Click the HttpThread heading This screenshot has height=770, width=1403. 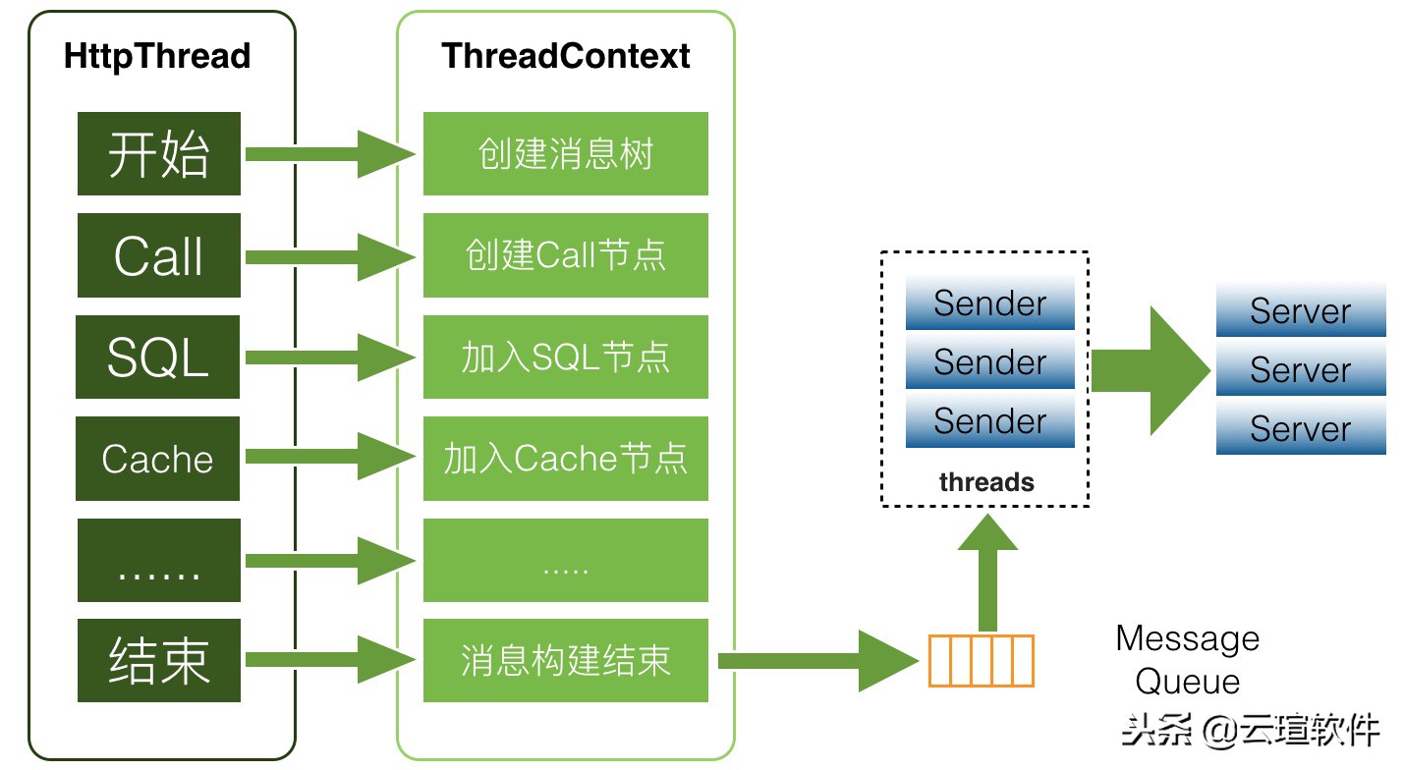[157, 56]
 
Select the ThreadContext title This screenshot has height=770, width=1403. [566, 56]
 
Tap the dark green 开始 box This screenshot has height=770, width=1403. [159, 154]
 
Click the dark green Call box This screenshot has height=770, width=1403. [159, 255]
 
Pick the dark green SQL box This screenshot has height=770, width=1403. [158, 357]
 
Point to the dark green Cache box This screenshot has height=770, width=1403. [158, 459]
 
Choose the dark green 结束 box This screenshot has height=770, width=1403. [159, 660]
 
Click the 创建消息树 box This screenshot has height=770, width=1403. [566, 154]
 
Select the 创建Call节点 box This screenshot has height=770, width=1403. [566, 255]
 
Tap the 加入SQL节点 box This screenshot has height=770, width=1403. [566, 357]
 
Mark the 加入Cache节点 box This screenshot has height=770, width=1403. [566, 459]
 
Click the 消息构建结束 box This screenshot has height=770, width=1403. [566, 660]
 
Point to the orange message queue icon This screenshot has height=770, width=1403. [981, 660]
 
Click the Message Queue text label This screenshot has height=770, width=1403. [1187, 660]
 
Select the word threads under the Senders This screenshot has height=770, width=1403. [986, 482]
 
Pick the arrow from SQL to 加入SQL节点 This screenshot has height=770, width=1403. [330, 357]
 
